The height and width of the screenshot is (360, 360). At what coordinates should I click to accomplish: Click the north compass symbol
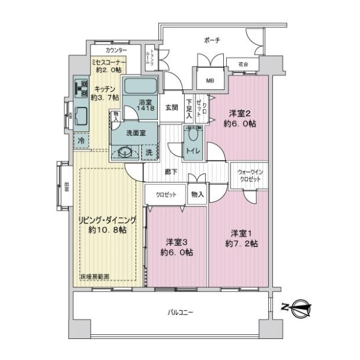[x=298, y=308]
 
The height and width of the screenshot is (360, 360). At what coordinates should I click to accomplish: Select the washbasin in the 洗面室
[x=126, y=151]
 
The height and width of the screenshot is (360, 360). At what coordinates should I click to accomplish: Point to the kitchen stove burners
[x=80, y=89]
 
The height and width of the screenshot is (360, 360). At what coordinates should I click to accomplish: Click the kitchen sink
[x=80, y=116]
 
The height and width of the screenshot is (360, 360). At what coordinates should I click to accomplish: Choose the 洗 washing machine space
[x=149, y=152]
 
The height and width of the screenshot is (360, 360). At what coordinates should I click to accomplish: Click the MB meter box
[x=209, y=79]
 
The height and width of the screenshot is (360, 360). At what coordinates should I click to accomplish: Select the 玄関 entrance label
[x=170, y=108]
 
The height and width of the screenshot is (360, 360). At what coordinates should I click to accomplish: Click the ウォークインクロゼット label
[x=247, y=175]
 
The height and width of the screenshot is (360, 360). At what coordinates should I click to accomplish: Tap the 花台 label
[x=243, y=63]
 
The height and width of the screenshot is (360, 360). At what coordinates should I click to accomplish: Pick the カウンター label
[x=115, y=50]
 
